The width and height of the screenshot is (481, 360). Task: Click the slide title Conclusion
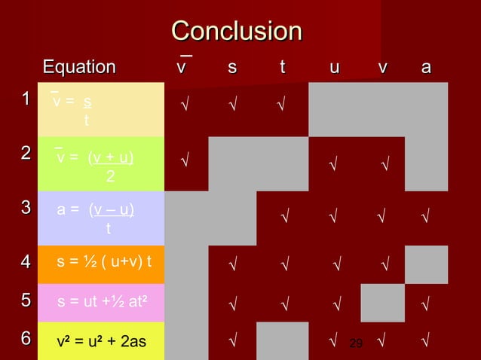tap(236, 32)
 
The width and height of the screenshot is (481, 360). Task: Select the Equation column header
tap(79, 68)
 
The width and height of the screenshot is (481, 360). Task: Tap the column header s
tap(232, 68)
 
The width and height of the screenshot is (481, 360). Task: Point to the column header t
tap(283, 68)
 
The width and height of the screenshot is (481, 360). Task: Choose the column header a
tap(426, 68)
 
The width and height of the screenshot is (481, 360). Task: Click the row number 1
tap(26, 99)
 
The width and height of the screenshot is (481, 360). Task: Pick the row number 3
tap(26, 207)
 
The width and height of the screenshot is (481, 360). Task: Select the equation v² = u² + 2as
tap(102, 342)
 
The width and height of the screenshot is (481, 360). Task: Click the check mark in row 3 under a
tap(426, 219)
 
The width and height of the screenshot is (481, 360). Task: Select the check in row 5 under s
tap(234, 304)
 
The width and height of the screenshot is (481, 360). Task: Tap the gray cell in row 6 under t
tap(283, 340)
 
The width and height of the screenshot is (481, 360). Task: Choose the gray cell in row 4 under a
tap(427, 263)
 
